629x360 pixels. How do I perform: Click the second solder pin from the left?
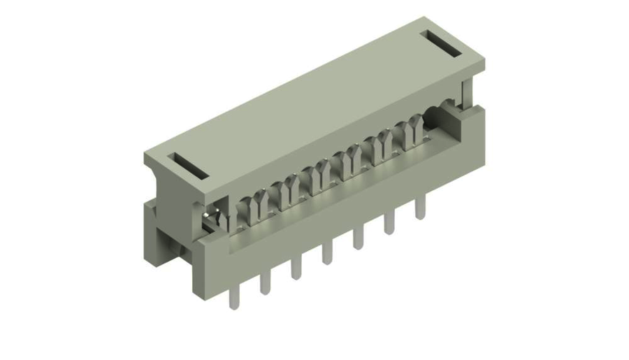tap(265, 282)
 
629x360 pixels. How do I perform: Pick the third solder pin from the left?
tap(296, 268)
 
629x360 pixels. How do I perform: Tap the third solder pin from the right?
tap(358, 238)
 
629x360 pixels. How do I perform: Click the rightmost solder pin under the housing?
tap(420, 208)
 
